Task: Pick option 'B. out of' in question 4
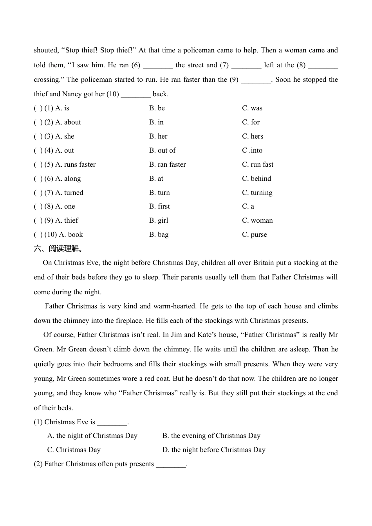click(163, 151)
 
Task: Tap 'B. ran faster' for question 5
click(167, 165)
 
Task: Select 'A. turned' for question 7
click(69, 193)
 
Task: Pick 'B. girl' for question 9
click(159, 221)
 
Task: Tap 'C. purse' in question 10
click(255, 235)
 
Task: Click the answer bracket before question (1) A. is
click(38, 108)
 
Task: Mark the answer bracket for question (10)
click(38, 235)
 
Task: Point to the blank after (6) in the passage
click(158, 66)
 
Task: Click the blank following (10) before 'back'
click(136, 95)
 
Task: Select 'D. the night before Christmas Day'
click(214, 450)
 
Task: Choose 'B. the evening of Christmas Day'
click(211, 436)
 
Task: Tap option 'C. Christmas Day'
click(74, 450)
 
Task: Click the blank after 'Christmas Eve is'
click(112, 423)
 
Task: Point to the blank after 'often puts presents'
click(171, 465)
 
